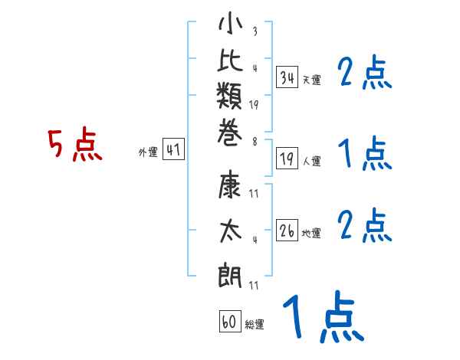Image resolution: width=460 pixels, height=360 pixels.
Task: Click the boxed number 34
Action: point(287,77)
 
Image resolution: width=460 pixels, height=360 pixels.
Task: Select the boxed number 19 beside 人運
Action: point(287,159)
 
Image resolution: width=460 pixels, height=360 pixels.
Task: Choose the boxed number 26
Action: point(287,231)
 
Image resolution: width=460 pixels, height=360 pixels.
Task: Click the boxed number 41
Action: point(173,150)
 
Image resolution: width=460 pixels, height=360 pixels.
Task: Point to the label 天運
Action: point(311,80)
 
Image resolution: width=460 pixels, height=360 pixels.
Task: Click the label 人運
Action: point(311,161)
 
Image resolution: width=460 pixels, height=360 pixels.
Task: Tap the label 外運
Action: point(147,152)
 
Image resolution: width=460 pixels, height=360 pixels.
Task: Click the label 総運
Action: point(255,325)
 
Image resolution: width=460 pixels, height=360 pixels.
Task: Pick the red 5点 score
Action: point(75,145)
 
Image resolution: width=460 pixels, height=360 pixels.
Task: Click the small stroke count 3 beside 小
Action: point(255,32)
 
